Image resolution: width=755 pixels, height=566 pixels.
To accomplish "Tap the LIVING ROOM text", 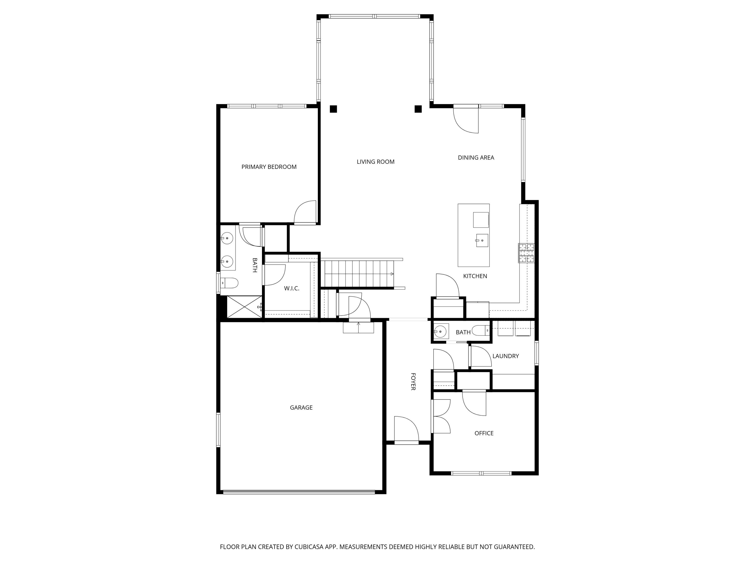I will point(375,162).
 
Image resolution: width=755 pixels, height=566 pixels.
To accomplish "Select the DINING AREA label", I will point(476,158).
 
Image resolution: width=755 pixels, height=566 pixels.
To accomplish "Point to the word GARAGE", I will point(301,407).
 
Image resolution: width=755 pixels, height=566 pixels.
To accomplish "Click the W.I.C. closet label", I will point(291,288).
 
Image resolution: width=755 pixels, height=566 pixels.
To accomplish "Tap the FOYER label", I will point(413,381).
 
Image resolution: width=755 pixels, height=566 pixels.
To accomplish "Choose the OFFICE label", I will point(484,433).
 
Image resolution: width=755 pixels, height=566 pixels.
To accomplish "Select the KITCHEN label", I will point(475,276).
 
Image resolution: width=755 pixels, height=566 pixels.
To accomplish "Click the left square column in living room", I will point(333,109).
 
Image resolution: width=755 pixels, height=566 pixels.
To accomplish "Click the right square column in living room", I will point(418,109).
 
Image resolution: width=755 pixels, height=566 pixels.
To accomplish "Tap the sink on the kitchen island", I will point(482,240).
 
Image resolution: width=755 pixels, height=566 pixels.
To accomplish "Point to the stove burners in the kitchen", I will point(526,253).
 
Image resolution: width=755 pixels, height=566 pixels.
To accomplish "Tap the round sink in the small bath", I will point(441,331).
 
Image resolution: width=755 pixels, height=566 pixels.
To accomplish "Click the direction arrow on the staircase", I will point(392,274).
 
